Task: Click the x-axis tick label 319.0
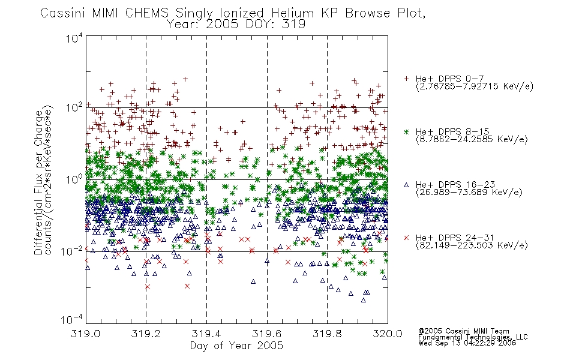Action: (x=85, y=334)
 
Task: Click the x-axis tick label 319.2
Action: (x=146, y=334)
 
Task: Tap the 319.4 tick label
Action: (x=206, y=334)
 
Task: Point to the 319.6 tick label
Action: (x=267, y=334)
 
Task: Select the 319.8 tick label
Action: (x=327, y=334)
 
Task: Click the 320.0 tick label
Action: (x=388, y=334)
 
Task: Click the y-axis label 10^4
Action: (x=74, y=38)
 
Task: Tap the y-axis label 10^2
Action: (x=74, y=107)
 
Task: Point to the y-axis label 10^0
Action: (x=74, y=179)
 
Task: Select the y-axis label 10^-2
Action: (x=72, y=251)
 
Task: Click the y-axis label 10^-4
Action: (x=72, y=319)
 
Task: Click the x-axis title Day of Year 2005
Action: (x=236, y=346)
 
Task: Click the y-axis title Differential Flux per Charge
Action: (x=38, y=182)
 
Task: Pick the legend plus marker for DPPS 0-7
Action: (x=406, y=79)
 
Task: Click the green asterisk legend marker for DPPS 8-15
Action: (x=406, y=131)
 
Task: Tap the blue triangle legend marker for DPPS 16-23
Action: (x=406, y=185)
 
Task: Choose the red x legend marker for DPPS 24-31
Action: (x=406, y=238)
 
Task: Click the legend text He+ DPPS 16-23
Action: (x=455, y=185)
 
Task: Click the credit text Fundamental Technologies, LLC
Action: (x=473, y=337)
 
